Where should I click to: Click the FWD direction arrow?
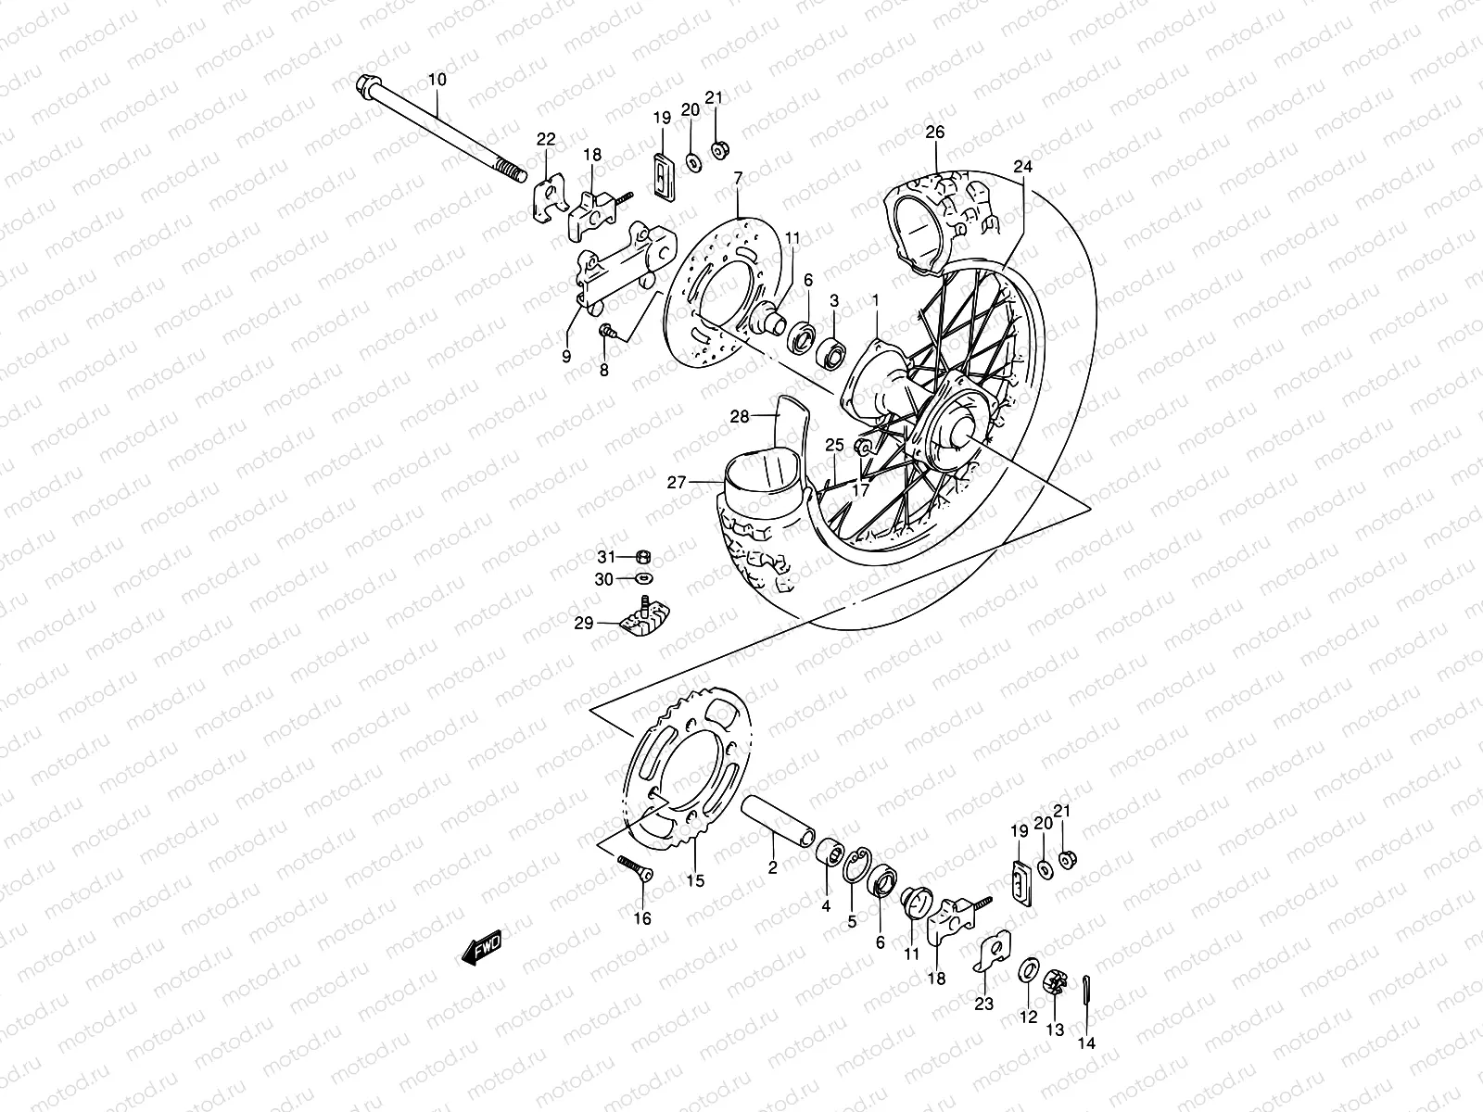(x=481, y=947)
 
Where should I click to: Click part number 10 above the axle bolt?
(x=437, y=81)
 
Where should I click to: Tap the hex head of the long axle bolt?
(x=364, y=88)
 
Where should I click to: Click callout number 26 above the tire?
(x=934, y=133)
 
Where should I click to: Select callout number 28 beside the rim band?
(x=740, y=417)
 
